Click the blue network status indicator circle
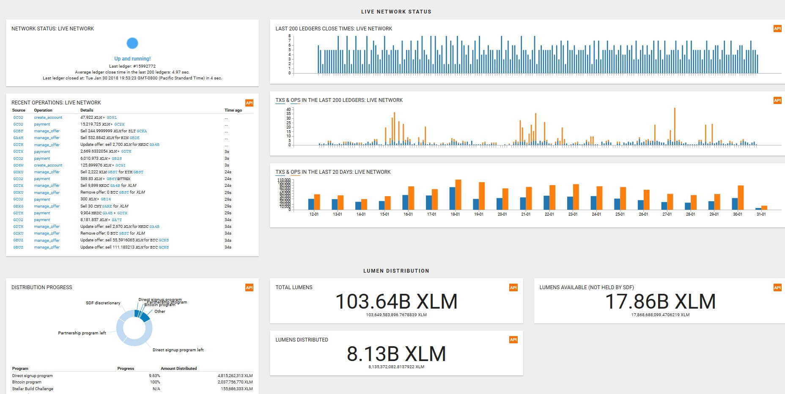click(132, 43)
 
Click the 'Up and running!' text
click(132, 59)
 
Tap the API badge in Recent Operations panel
click(250, 103)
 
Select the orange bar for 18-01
click(458, 194)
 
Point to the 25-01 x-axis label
click(620, 214)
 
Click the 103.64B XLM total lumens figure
click(396, 302)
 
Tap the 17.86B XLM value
click(660, 302)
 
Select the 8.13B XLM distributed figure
click(396, 354)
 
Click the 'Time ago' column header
click(233, 110)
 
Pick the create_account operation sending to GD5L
click(48, 118)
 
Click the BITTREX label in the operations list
click(124, 179)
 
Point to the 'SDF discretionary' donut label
click(103, 303)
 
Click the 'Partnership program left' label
click(82, 333)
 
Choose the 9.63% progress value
click(154, 376)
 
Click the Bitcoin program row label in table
click(27, 382)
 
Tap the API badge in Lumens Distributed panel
click(513, 340)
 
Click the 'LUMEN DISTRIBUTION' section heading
click(396, 271)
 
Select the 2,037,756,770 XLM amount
click(235, 382)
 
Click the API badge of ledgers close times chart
click(777, 29)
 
